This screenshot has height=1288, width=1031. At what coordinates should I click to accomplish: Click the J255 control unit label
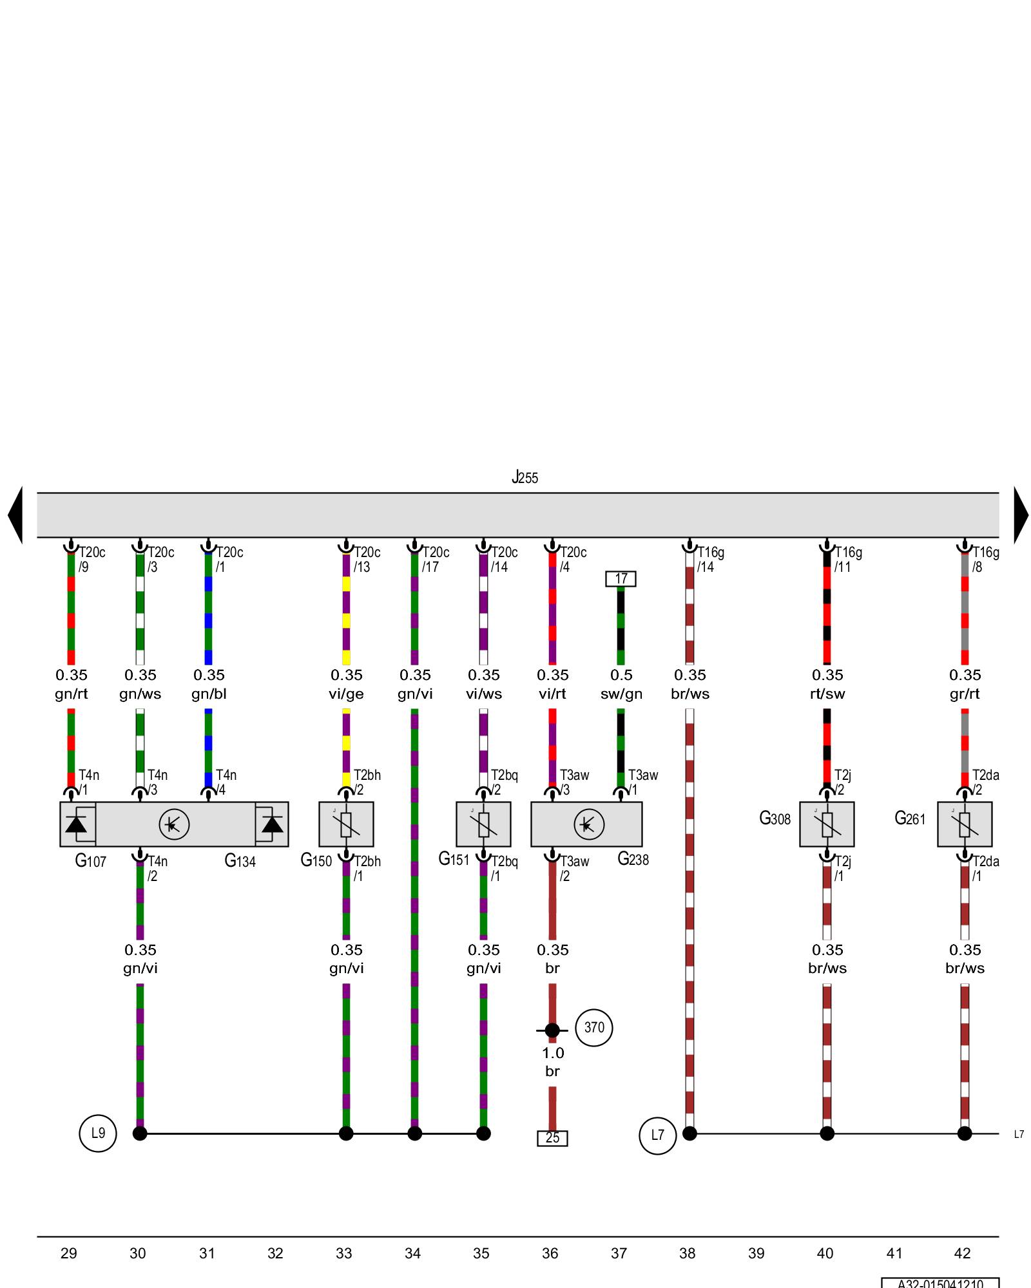click(x=525, y=478)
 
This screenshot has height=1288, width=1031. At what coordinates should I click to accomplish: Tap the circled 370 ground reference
click(x=594, y=1027)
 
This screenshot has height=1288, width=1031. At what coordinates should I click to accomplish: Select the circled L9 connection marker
click(x=98, y=1133)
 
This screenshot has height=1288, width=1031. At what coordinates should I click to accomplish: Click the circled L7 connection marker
click(x=657, y=1135)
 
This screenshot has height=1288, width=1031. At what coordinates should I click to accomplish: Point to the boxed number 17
click(x=621, y=578)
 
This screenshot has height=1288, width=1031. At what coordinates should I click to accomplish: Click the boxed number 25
click(x=552, y=1138)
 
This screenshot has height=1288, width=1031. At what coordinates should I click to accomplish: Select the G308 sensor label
click(x=775, y=819)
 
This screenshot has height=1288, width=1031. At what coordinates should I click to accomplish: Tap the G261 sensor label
click(x=910, y=819)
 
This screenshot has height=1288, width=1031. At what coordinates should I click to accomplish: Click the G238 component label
click(x=633, y=859)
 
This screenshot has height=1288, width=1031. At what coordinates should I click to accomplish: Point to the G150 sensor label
click(x=316, y=860)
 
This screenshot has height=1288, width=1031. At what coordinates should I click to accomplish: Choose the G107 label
click(x=90, y=861)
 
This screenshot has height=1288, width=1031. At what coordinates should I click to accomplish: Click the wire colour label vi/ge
click(x=347, y=694)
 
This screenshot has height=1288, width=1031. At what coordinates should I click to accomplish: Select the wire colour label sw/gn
click(x=621, y=694)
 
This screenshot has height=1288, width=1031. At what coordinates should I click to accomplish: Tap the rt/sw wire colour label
click(x=827, y=694)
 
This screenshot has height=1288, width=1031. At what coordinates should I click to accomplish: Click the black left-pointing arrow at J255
click(x=15, y=515)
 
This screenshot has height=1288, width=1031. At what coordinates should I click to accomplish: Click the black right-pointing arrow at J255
click(x=1021, y=515)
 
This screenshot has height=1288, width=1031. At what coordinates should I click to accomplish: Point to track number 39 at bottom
click(x=756, y=1253)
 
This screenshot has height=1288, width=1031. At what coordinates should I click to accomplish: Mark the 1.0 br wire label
click(x=552, y=1062)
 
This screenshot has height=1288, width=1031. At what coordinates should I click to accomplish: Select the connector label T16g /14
click(x=709, y=560)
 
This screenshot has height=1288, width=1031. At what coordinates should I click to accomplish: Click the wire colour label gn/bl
click(x=209, y=694)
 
